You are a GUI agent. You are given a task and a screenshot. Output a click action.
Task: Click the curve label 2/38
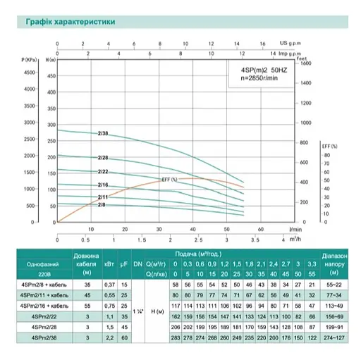coord(103,133)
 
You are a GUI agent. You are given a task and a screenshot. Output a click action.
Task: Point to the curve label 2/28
coord(103,158)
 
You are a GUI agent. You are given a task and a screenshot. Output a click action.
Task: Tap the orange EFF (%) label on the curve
coord(169,180)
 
